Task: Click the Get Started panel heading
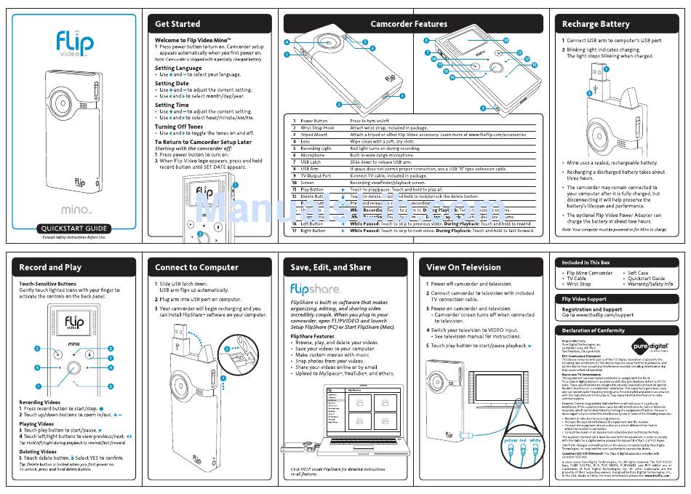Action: click(177, 24)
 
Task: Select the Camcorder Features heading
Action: click(409, 24)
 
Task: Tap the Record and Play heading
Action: click(50, 267)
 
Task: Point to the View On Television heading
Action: click(463, 267)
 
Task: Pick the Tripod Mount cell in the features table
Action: click(314, 135)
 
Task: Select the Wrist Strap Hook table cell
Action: click(318, 127)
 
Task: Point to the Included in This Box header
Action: click(586, 262)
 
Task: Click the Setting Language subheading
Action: click(178, 68)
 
